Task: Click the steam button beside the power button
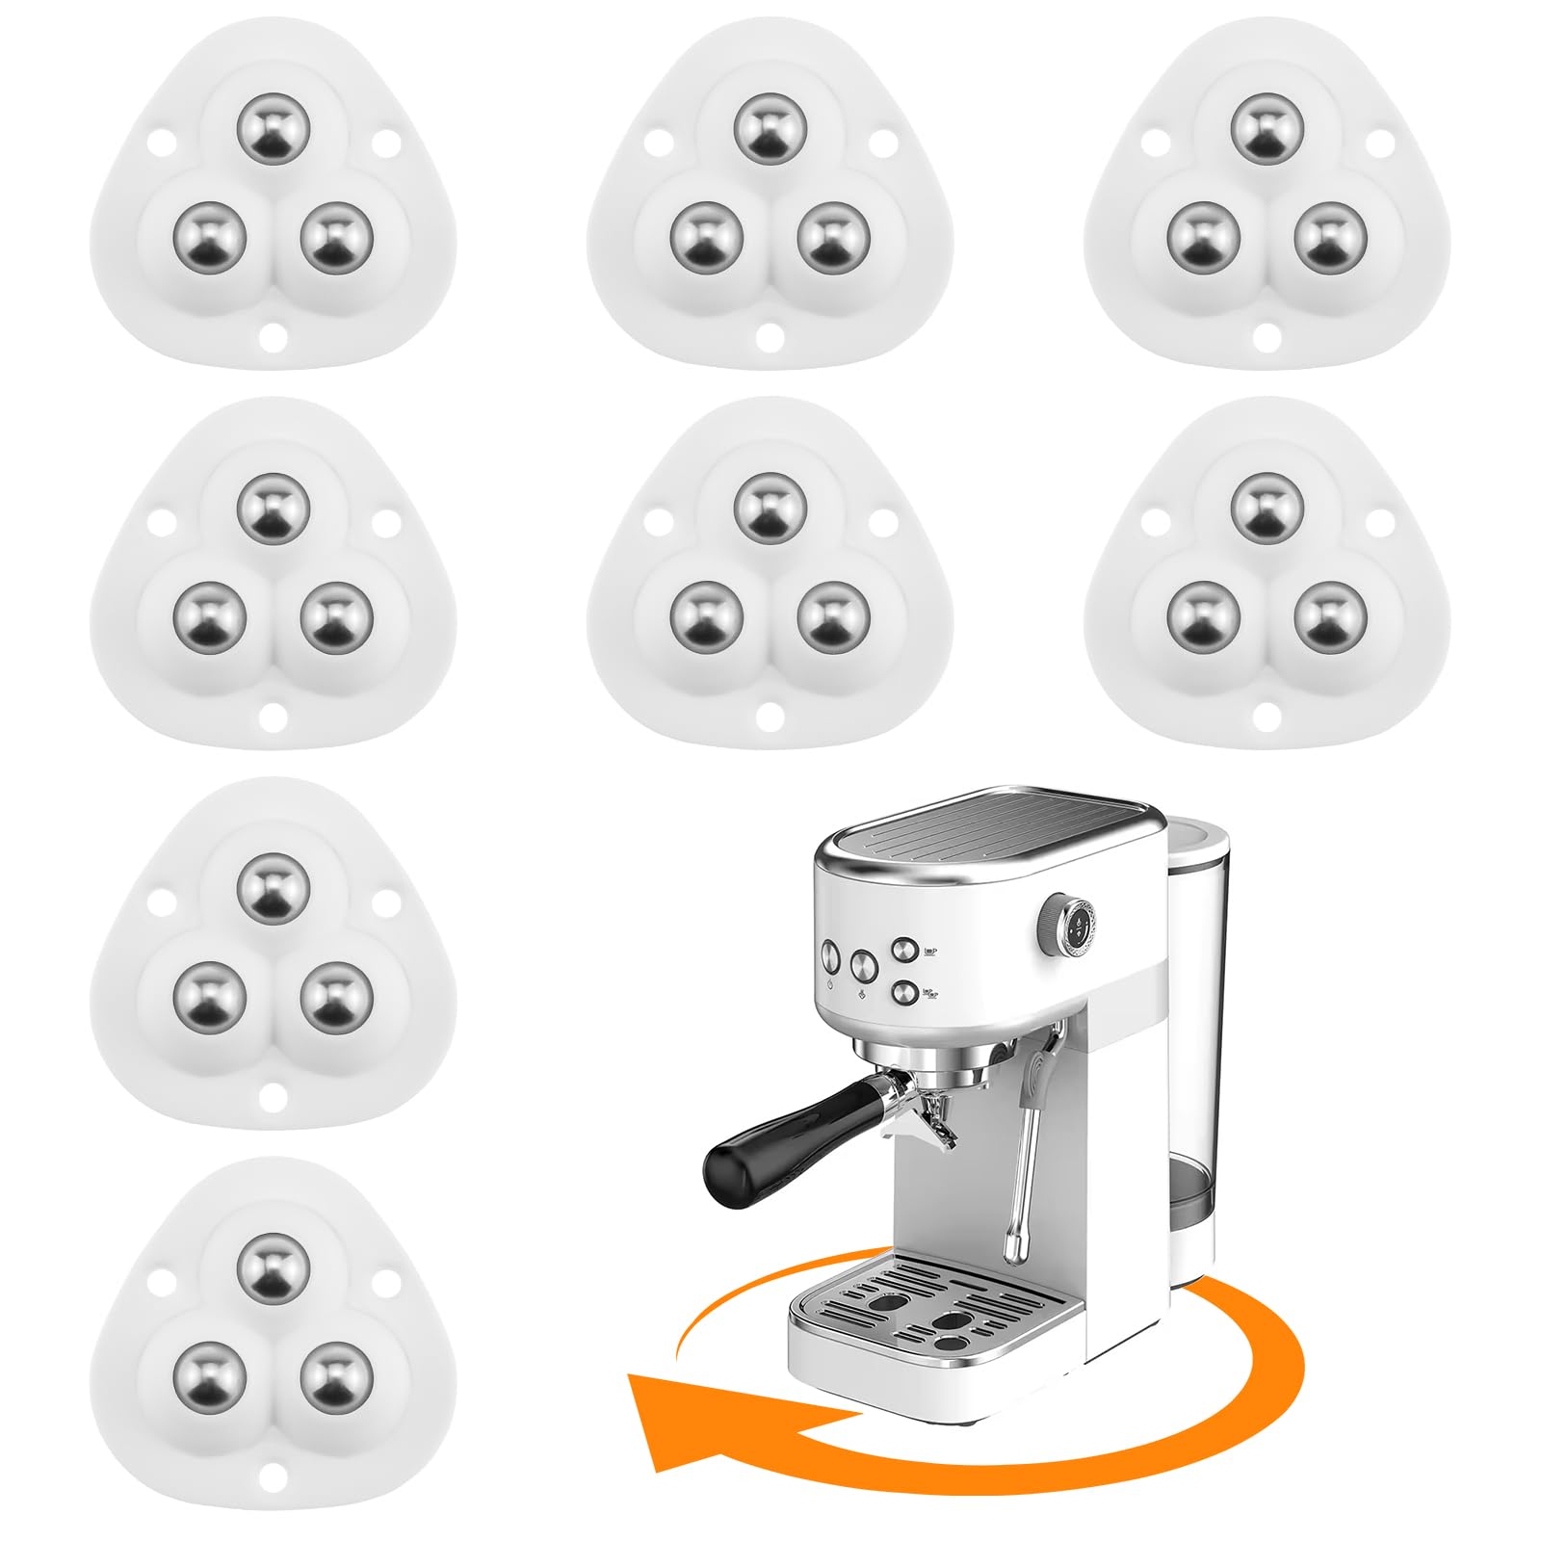[862, 962]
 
